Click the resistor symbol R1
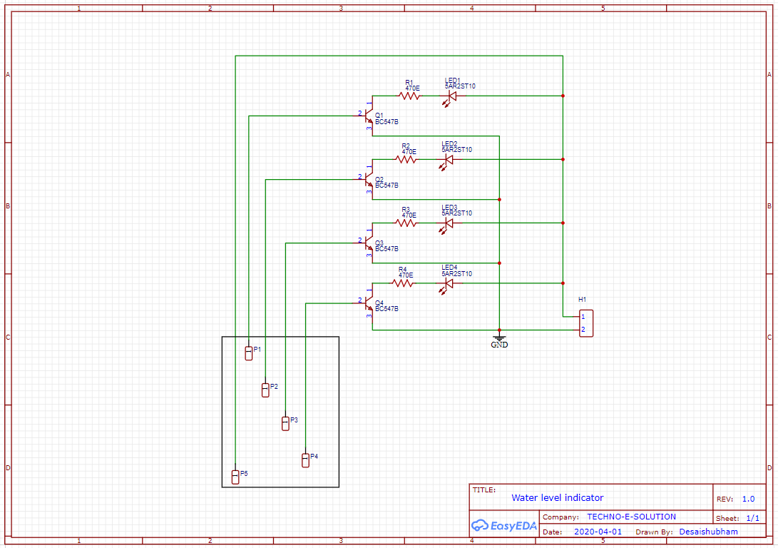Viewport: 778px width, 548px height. point(409,96)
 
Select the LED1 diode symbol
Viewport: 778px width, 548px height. point(451,96)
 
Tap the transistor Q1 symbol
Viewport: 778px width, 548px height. point(368,114)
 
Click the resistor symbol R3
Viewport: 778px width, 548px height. point(406,223)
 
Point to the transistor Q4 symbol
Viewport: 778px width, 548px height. point(368,303)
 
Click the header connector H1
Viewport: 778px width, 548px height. point(585,323)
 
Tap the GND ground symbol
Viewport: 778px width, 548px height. point(499,338)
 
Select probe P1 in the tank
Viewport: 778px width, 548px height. point(249,352)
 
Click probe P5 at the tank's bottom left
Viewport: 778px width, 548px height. point(235,476)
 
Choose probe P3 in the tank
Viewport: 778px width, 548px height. point(285,423)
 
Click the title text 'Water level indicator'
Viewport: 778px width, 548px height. point(557,498)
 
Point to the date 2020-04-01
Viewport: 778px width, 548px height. point(597,532)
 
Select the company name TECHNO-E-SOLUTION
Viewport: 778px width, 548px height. point(631,517)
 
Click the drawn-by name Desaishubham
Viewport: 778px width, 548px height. point(708,532)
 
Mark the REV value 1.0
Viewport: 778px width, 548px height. point(748,499)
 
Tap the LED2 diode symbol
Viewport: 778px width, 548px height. point(448,160)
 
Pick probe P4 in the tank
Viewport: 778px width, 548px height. point(305,460)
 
